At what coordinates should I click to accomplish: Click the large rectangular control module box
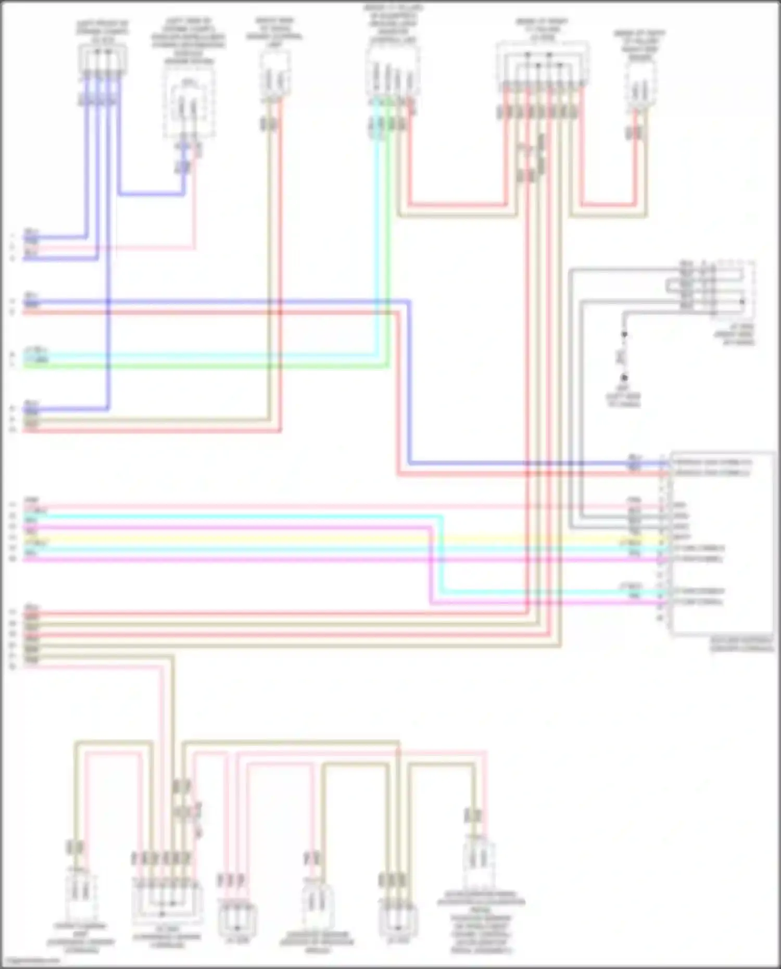[722, 544]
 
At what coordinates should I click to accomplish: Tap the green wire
[208, 366]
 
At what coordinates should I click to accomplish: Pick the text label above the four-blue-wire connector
[103, 31]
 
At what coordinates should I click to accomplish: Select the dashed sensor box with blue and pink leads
[188, 102]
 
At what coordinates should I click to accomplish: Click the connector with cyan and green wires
[393, 73]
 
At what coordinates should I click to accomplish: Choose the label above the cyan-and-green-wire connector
[393, 23]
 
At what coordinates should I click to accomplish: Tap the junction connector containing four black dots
[542, 65]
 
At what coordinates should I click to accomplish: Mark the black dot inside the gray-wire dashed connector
[742, 301]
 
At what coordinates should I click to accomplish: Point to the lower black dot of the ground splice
[624, 377]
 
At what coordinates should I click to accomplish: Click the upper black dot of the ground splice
[624, 334]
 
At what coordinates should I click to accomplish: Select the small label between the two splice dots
[621, 356]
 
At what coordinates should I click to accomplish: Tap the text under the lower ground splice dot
[623, 396]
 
